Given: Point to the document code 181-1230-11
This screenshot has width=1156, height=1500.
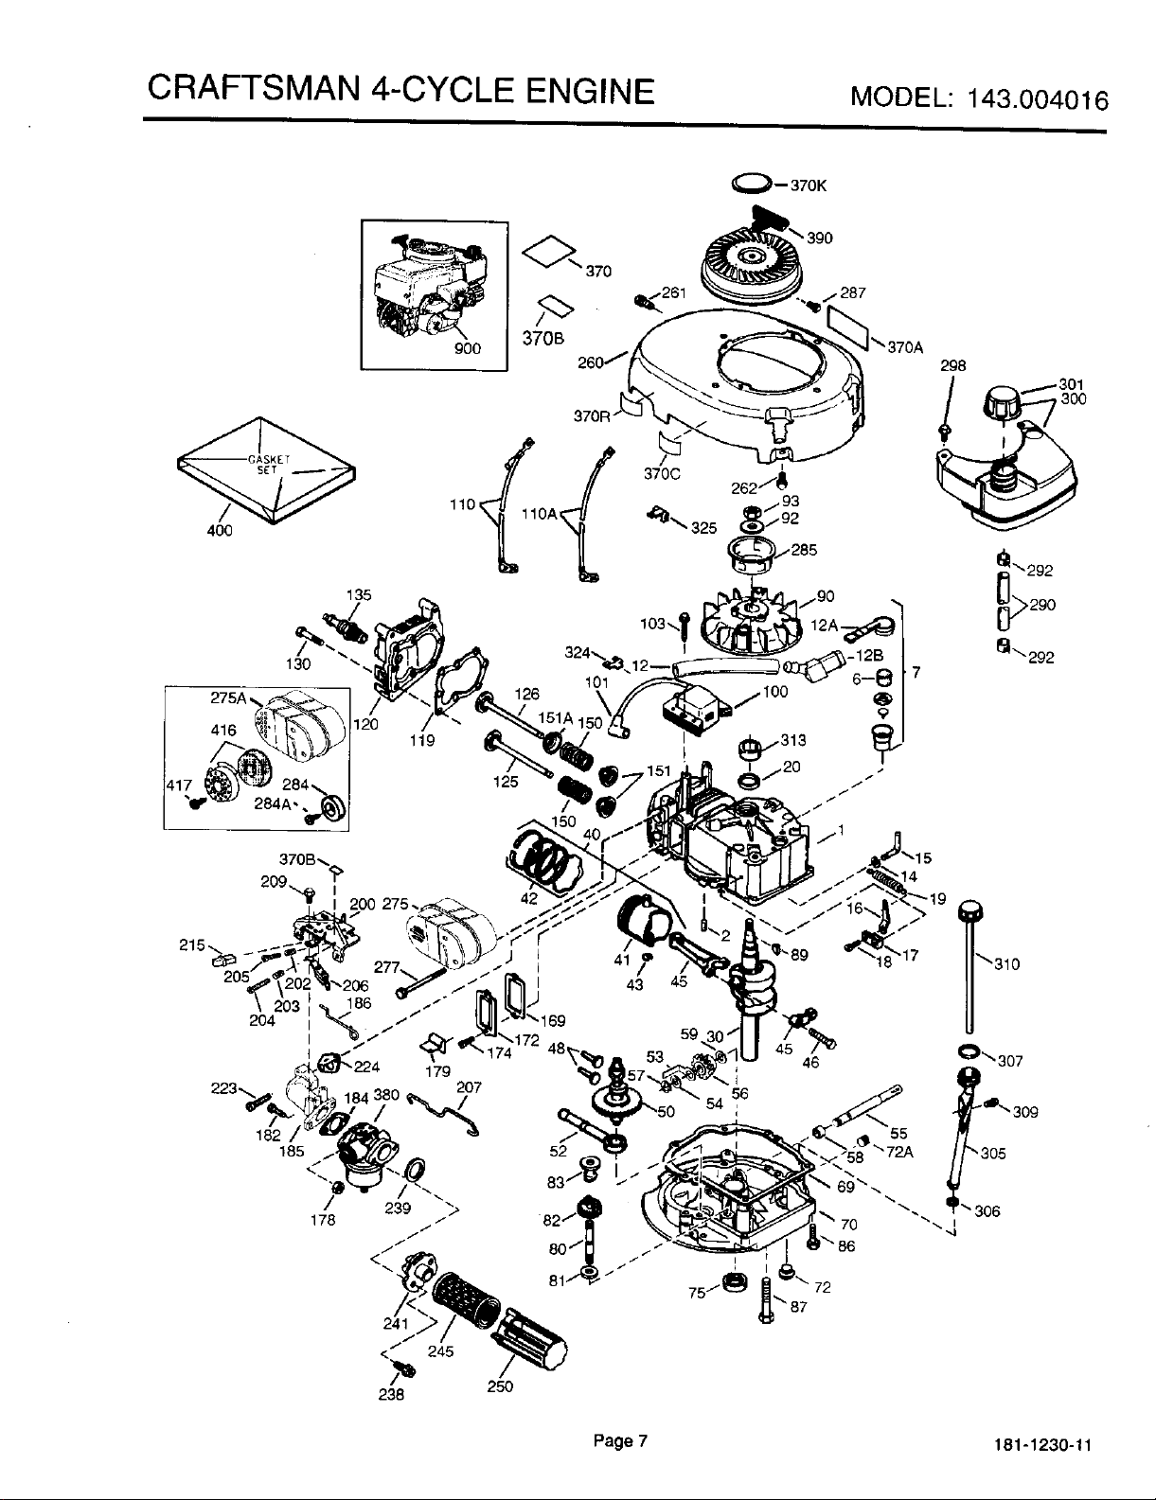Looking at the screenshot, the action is coord(1042,1444).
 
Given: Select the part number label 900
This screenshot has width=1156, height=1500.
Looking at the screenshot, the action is coord(468,348).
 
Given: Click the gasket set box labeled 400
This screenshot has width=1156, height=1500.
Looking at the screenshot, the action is coord(267,470).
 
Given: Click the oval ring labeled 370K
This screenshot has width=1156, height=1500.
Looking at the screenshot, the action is coord(751,184).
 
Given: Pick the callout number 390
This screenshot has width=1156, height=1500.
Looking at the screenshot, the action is coord(820,238).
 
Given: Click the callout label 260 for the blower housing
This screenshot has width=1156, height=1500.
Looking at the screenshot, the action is coord(591,362).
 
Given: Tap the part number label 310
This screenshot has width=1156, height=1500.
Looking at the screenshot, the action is coord(1006,964).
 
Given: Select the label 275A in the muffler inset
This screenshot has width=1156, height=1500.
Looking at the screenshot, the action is coord(228,697).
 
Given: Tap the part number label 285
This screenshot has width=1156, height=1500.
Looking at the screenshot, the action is coord(804,550).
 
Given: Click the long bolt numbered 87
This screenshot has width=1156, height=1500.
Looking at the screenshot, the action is coord(766,1300).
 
